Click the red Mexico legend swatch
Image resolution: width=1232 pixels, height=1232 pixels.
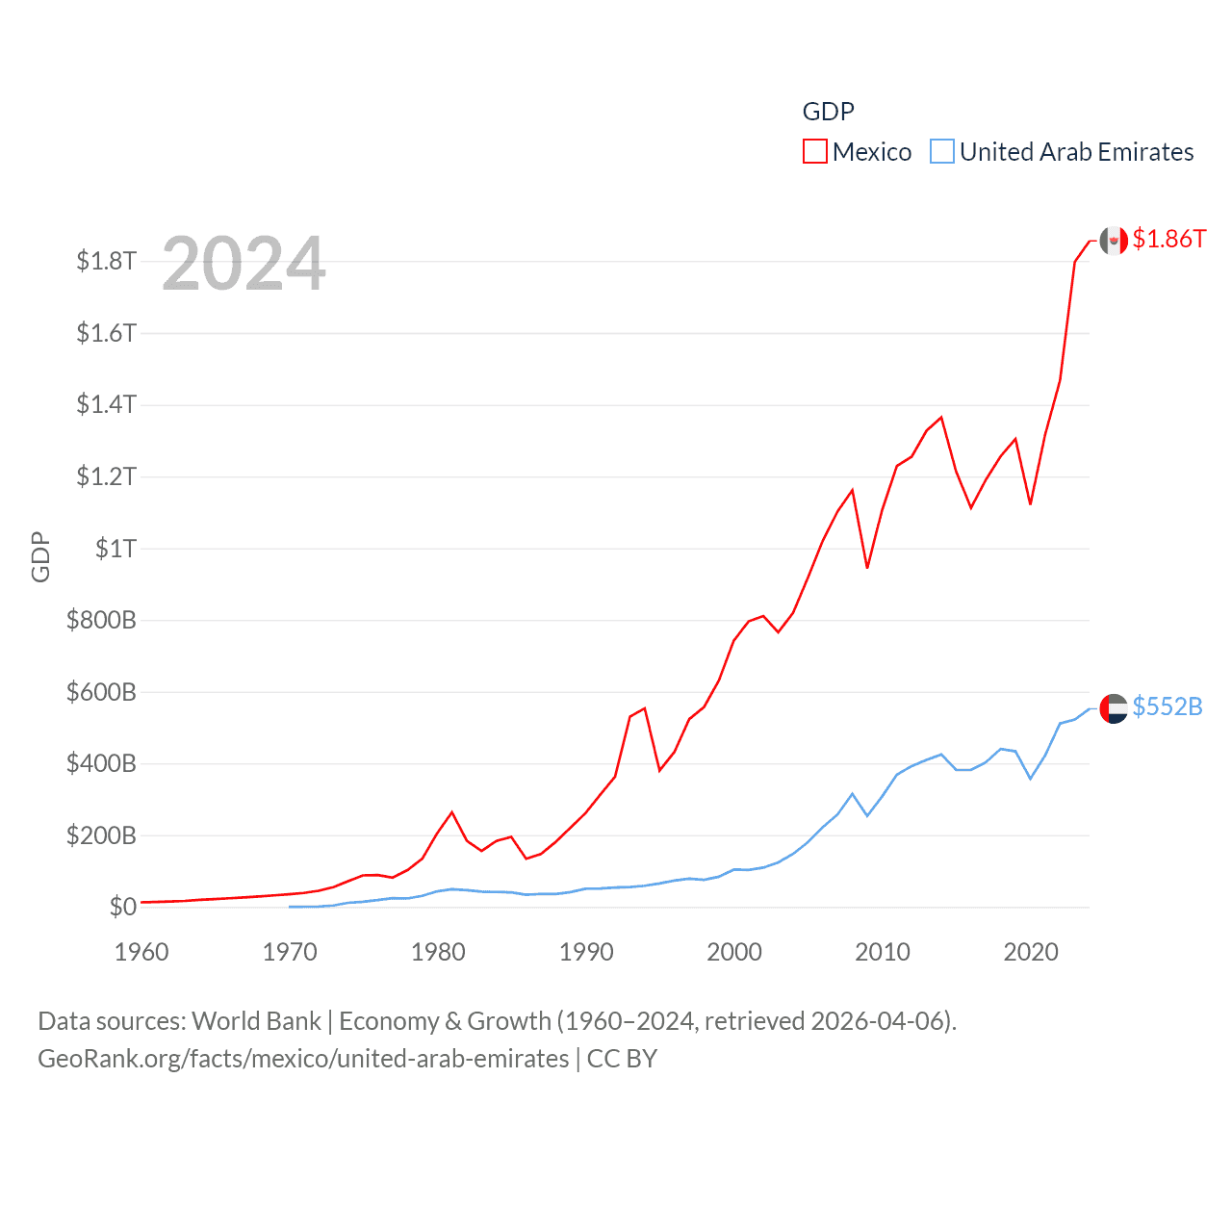point(814,152)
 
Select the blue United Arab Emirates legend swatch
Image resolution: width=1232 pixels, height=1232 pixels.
point(941,152)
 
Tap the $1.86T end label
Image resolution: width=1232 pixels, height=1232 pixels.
point(1168,239)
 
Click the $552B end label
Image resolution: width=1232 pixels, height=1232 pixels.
point(1167,706)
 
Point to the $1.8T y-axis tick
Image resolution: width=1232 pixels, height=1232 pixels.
point(106,261)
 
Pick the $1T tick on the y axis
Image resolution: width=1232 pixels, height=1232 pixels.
point(115,549)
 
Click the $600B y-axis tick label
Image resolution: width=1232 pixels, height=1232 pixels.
point(101,692)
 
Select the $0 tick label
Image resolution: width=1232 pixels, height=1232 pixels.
point(122,907)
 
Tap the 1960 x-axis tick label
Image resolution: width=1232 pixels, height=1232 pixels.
point(141,952)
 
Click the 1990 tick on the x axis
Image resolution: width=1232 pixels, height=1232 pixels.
point(586,952)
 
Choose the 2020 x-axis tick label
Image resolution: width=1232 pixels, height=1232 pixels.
point(1031,952)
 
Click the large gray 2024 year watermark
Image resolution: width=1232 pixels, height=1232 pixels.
point(244,264)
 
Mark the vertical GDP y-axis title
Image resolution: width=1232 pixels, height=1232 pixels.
point(40,556)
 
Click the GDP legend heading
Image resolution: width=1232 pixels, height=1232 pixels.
point(828,112)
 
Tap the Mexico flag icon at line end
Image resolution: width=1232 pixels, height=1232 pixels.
point(1114,241)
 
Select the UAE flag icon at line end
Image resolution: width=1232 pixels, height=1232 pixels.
point(1114,708)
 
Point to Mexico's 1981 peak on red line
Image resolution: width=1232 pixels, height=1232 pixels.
point(452,812)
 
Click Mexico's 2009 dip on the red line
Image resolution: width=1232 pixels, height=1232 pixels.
point(867,568)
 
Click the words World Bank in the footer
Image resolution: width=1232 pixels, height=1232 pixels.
point(256,1020)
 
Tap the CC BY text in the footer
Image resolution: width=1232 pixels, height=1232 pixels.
point(622,1059)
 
